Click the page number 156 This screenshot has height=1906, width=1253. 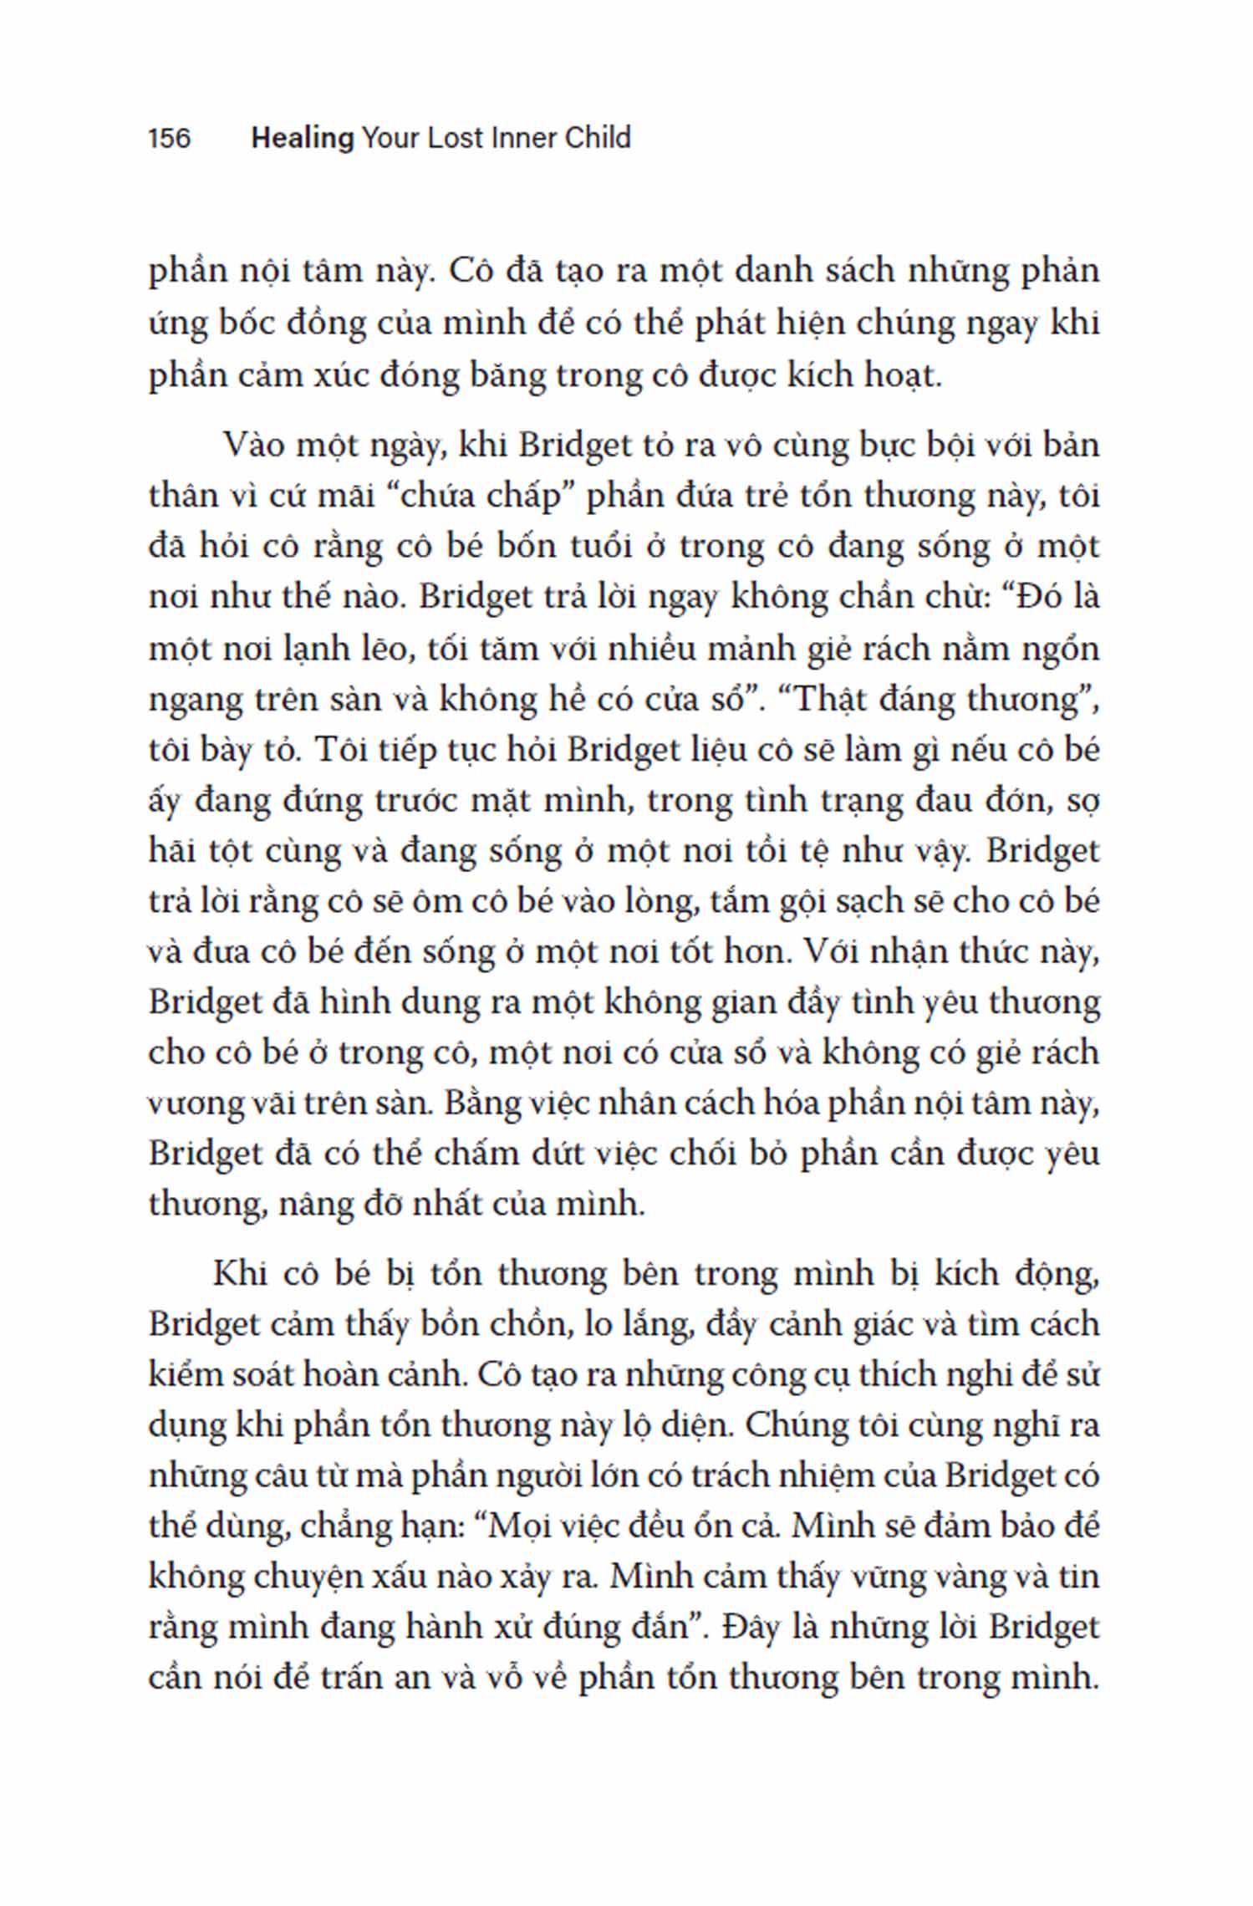coord(170,138)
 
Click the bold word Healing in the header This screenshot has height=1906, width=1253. coord(303,138)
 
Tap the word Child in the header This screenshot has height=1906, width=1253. coord(598,138)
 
